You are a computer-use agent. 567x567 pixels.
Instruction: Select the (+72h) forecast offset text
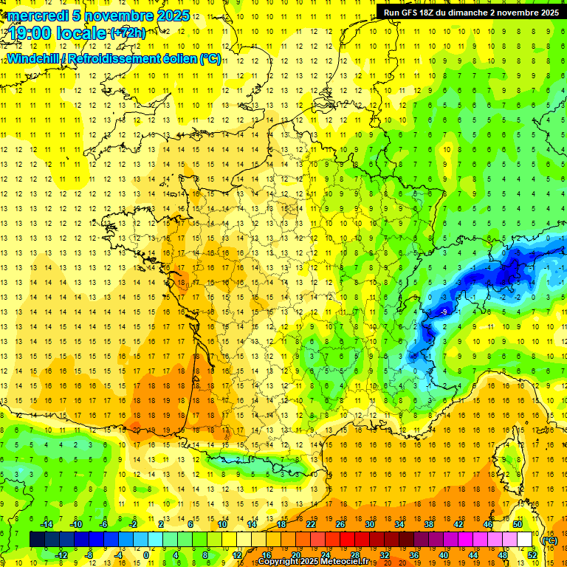click(128, 32)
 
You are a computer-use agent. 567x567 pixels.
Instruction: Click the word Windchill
click(32, 58)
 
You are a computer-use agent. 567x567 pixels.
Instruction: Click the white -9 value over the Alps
click(444, 312)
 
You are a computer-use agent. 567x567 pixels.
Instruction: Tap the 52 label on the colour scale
click(532, 555)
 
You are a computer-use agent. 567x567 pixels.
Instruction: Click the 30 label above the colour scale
click(369, 524)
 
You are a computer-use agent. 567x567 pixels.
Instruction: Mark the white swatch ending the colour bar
click(524, 540)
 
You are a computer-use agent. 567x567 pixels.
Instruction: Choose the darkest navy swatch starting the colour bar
click(37, 540)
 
